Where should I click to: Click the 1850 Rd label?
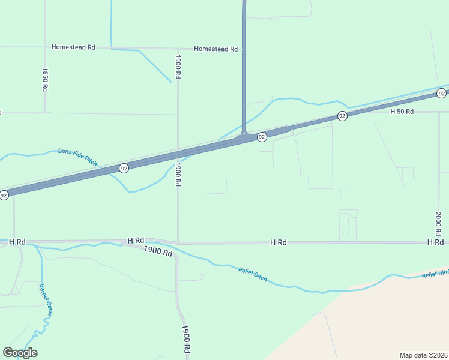pyautogui.click(x=44, y=79)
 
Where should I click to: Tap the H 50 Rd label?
pyautogui.click(x=402, y=112)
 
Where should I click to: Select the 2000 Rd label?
pyautogui.click(x=438, y=223)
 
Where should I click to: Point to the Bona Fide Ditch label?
pyautogui.click(x=77, y=157)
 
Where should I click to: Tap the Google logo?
pyautogui.click(x=20, y=353)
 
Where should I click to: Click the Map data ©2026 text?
pyautogui.click(x=424, y=355)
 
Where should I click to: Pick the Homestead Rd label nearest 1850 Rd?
pyautogui.click(x=73, y=47)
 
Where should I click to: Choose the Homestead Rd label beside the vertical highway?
pyautogui.click(x=215, y=49)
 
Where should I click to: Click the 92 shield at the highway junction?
pyautogui.click(x=262, y=137)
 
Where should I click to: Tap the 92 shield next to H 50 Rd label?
pyautogui.click(x=342, y=116)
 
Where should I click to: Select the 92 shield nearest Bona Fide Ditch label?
pyautogui.click(x=124, y=168)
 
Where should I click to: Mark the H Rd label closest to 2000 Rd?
pyautogui.click(x=435, y=242)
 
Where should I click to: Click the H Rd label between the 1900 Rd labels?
pyautogui.click(x=136, y=241)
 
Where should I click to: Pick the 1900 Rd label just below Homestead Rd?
pyautogui.click(x=178, y=67)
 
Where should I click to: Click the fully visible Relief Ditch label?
pyautogui.click(x=252, y=275)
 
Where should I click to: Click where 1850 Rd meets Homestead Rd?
pyautogui.click(x=45, y=47)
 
